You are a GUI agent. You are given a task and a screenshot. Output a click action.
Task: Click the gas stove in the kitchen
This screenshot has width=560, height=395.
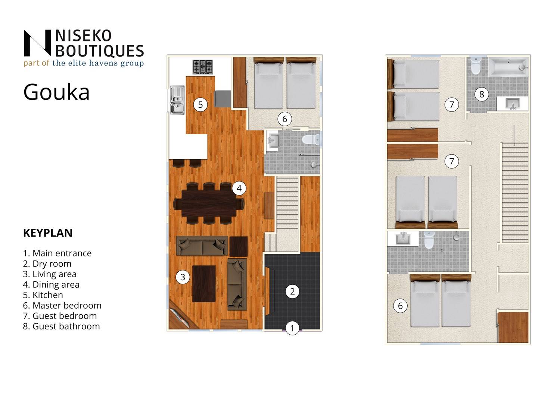pyautogui.click(x=203, y=67)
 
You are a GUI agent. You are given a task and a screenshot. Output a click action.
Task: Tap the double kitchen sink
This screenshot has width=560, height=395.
pyautogui.click(x=177, y=100)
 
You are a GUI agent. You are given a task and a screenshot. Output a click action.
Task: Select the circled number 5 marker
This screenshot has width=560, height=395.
pyautogui.click(x=200, y=105)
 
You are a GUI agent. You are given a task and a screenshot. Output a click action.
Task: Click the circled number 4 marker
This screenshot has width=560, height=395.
pyautogui.click(x=239, y=188)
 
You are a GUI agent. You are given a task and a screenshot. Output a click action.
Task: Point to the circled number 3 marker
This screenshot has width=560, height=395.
pyautogui.click(x=183, y=277)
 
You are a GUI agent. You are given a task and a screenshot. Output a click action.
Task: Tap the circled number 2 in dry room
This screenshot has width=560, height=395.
pyautogui.click(x=292, y=291)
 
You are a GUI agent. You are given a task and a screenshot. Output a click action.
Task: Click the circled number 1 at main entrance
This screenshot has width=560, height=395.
pyautogui.click(x=292, y=328)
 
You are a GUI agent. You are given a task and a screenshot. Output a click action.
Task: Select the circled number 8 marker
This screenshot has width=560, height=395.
pyautogui.click(x=482, y=94)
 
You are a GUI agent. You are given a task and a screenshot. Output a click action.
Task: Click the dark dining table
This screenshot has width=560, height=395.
pyautogui.click(x=209, y=203)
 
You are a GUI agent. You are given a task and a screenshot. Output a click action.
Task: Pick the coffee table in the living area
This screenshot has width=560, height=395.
pyautogui.click(x=204, y=284)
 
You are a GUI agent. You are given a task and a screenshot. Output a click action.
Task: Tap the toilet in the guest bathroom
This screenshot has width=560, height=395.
pyautogui.click(x=476, y=66)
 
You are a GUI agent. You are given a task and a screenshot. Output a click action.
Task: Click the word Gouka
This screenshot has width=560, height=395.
pyautogui.click(x=56, y=92)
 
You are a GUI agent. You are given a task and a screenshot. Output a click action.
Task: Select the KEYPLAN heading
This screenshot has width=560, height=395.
pyautogui.click(x=48, y=233)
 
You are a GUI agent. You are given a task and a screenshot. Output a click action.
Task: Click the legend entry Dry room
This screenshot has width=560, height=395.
pyautogui.click(x=47, y=264)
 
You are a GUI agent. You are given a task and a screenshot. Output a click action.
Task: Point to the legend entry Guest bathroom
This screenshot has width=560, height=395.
pyautogui.click(x=61, y=326)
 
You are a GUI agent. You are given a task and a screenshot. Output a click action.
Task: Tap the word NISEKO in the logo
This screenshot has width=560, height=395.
pyautogui.click(x=83, y=36)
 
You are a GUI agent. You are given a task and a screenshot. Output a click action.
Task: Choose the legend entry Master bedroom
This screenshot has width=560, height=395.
pyautogui.click(x=62, y=306)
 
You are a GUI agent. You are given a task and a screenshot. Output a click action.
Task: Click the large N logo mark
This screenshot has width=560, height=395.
pyautogui.click(x=37, y=43)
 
